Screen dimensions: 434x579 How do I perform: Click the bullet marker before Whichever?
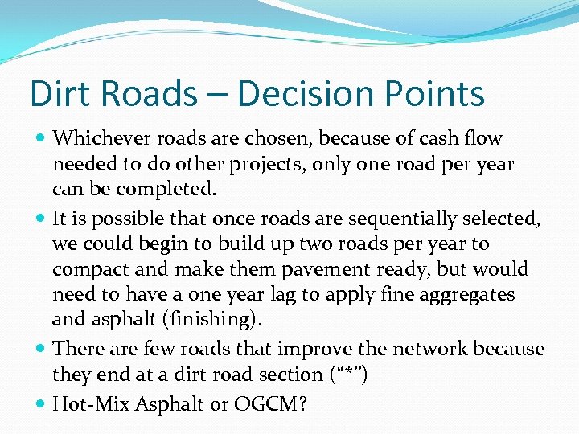coord(40,139)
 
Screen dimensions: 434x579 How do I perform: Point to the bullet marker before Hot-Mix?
coord(40,404)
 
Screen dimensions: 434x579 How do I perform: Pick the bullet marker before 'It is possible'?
coord(40,219)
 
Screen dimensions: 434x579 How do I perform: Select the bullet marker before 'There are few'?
coord(40,350)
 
